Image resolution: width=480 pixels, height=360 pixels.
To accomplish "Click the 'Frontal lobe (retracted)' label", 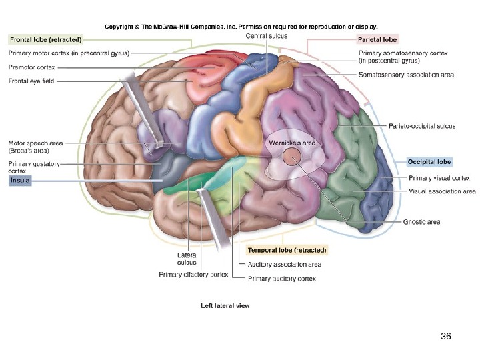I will pos(45,39).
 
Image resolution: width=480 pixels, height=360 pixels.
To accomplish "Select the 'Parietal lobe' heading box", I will pos(377,39).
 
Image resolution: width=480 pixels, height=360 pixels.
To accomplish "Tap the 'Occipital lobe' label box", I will pos(429,162).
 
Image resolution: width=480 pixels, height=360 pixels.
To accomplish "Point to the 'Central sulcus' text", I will pos(267,35).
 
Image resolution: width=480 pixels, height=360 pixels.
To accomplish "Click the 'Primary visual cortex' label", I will pos(439,178).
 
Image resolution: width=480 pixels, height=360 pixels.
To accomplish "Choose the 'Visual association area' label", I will pos(442,191).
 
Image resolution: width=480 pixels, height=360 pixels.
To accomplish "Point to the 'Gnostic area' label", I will pos(421,221).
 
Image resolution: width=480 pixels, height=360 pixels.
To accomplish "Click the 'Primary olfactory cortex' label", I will pos(193,274).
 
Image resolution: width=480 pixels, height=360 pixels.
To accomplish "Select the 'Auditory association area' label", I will pos(284,265).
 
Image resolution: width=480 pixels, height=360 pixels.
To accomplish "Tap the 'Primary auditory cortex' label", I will pos(281,278).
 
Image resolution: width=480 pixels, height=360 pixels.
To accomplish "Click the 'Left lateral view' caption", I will pos(225,305).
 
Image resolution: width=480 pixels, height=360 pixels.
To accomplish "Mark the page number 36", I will pos(446,337).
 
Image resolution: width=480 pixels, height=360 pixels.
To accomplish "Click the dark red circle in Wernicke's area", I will pos(291,157).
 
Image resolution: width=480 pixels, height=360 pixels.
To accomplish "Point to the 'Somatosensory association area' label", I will pos(406,75).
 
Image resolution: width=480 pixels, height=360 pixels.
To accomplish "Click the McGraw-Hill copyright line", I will pos(241,27).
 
